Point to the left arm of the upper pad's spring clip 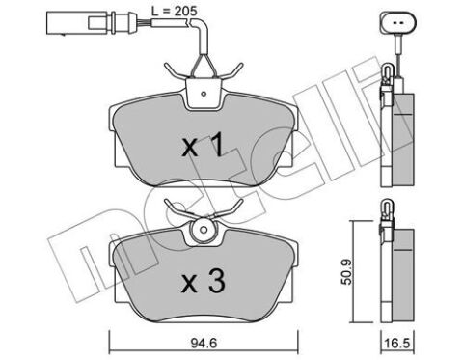tap(176, 72)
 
